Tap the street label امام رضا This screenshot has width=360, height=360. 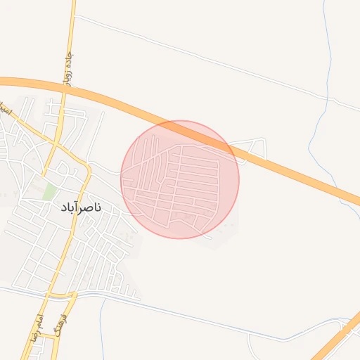coord(40,323)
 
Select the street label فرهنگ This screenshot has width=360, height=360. coord(67,310)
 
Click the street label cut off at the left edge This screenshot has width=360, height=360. coord(4,109)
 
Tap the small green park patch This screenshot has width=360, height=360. coord(49,191)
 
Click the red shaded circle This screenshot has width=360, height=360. coord(180,179)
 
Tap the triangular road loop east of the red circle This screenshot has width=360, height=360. coord(252,148)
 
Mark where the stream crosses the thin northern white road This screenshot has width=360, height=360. coord(330,98)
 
